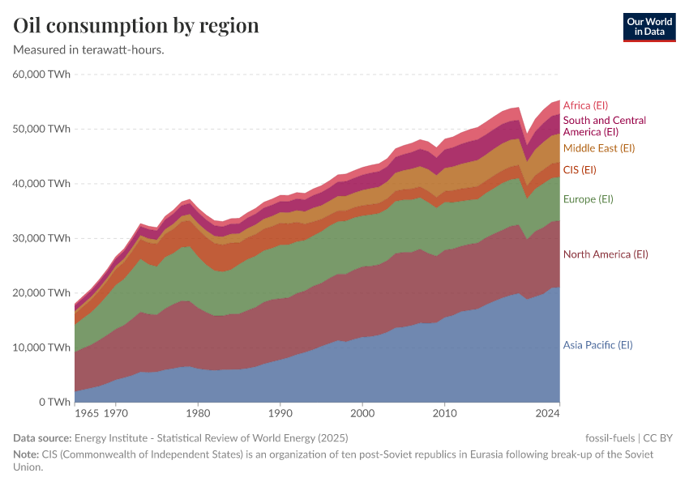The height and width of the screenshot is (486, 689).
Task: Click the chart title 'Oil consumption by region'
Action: [x=136, y=26]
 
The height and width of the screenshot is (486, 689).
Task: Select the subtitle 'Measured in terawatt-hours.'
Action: [x=89, y=50]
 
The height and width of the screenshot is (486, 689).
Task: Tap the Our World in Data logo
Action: [x=649, y=27]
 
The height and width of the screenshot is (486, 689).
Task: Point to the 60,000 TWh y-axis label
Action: [x=42, y=75]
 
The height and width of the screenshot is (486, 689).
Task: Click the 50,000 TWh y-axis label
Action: [x=42, y=129]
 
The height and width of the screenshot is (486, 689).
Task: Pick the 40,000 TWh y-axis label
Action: [x=42, y=184]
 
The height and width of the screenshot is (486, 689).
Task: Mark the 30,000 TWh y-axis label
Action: [x=42, y=238]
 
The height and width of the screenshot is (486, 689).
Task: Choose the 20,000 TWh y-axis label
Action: [x=42, y=292]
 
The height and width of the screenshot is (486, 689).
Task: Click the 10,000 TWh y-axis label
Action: [x=42, y=347]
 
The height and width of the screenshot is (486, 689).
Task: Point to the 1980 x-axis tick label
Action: [x=198, y=414]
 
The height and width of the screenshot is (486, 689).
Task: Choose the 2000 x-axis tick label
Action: [x=362, y=414]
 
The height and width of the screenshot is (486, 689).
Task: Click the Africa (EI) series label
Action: [x=585, y=105]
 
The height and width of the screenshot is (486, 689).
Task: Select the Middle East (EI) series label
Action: [x=598, y=148]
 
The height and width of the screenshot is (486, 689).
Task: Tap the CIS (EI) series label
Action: [x=580, y=169]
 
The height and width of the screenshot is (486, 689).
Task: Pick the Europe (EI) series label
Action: [x=588, y=199]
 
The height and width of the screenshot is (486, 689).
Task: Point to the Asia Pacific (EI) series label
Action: [x=597, y=345]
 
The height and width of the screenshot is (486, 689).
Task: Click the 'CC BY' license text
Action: [x=658, y=438]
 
